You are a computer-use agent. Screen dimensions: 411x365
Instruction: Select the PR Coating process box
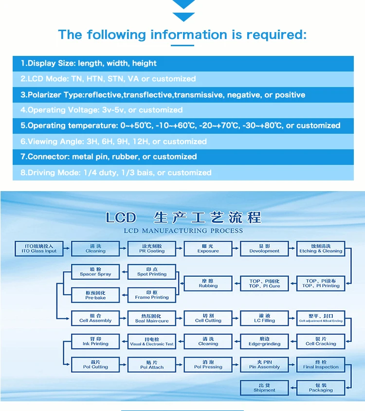pos(152,249)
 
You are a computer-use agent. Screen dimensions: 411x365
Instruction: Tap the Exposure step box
pos(208,249)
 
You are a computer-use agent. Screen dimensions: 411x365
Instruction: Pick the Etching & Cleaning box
pos(321,249)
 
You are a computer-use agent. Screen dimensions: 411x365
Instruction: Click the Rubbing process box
pos(208,284)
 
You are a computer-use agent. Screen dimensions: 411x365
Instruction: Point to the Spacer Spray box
pos(95,272)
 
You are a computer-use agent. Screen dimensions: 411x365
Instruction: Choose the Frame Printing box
pos(152,295)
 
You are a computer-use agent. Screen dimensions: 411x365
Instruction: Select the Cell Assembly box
pos(95,318)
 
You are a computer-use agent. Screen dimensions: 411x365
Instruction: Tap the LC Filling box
pos(264,318)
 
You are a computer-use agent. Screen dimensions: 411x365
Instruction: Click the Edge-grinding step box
pos(264,341)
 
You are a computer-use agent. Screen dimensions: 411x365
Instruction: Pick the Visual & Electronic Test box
pos(152,341)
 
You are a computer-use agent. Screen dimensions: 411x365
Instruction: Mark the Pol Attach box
pos(152,365)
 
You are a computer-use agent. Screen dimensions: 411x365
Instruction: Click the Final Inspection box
pos(321,365)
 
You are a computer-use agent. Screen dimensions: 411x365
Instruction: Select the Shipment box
pos(264,388)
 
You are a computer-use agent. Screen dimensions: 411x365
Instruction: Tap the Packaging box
pos(321,388)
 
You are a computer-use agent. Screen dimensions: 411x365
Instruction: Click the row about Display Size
pos(183,63)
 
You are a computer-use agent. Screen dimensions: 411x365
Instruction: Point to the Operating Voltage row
pos(183,110)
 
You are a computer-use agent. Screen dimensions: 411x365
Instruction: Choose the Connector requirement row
pos(183,157)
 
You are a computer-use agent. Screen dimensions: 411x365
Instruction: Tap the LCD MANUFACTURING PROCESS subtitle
pos(183,231)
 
